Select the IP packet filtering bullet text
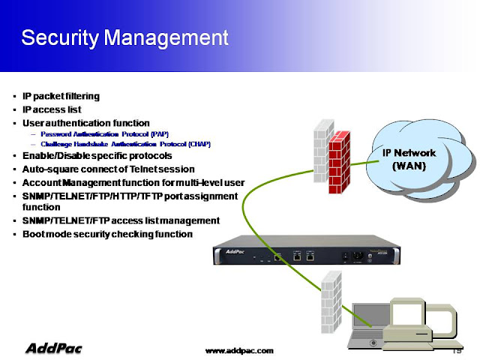(61, 96)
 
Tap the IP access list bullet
(52, 109)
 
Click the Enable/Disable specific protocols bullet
(97, 155)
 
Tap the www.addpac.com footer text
(240, 350)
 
